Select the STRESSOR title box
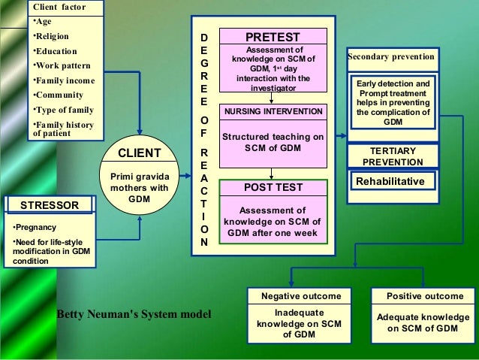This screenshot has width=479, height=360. coord(48,204)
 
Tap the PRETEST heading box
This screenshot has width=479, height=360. coord(273,37)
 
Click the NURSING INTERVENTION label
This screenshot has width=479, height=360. coord(273,111)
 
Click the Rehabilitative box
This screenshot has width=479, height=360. coord(390,181)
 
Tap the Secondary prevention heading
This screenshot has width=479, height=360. coord(391,57)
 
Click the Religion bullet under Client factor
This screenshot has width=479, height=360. coord(50,36)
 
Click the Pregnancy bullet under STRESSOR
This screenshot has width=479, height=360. coord(32,226)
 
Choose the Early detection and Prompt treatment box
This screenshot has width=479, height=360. coord(393,102)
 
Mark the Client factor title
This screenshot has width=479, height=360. coord(59,8)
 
